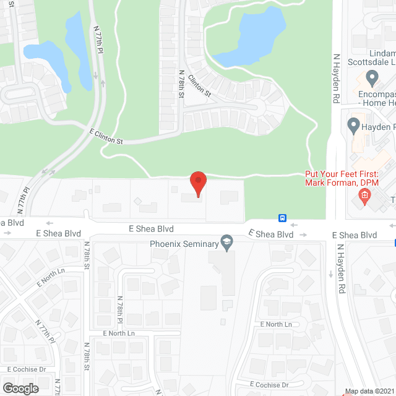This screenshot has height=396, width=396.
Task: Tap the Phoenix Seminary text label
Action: [x=184, y=244]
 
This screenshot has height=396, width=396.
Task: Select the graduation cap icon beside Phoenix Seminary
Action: [x=227, y=244]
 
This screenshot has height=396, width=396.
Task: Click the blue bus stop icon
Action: [x=282, y=218]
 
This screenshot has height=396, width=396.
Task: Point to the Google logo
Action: [x=20, y=388]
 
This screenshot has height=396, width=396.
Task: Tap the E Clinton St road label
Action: [x=106, y=137]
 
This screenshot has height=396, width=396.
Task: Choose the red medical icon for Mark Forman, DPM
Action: [x=364, y=197]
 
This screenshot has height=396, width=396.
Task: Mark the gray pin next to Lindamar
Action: [x=372, y=78]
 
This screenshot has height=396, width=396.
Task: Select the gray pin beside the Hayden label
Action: [x=353, y=127]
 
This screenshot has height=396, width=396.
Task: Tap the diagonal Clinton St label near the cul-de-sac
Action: [x=200, y=85]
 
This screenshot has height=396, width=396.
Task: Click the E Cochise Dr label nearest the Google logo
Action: [x=27, y=369]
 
